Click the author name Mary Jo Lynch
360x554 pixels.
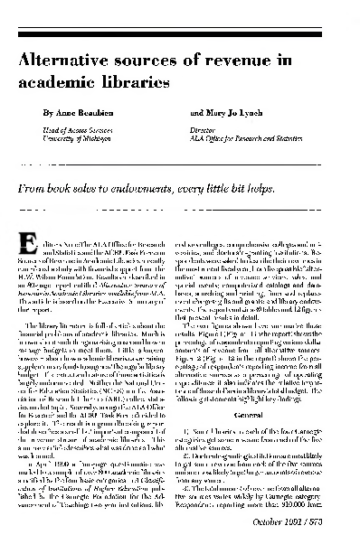click(233, 117)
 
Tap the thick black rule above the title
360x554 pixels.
click(180, 39)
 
